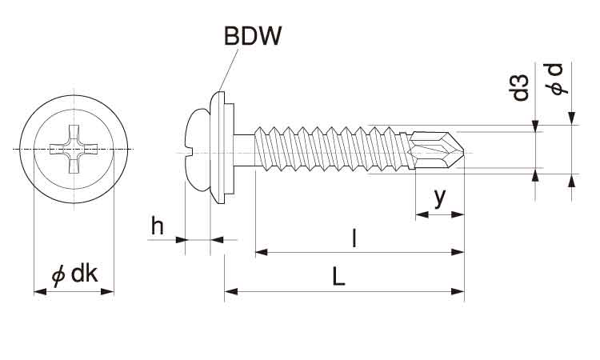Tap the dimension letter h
pyautogui.click(x=158, y=226)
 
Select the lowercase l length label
pyautogui.click(x=354, y=238)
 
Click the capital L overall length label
pyautogui.click(x=339, y=277)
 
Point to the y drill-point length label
pyautogui.click(x=439, y=197)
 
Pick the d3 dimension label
pyautogui.click(x=522, y=87)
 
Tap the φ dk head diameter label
pyautogui.click(x=74, y=274)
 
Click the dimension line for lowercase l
pyautogui.click(x=360, y=253)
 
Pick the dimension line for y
pyautogui.click(x=439, y=214)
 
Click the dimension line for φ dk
pyautogui.click(x=74, y=292)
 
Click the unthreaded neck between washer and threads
pyautogui.click(x=246, y=149)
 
